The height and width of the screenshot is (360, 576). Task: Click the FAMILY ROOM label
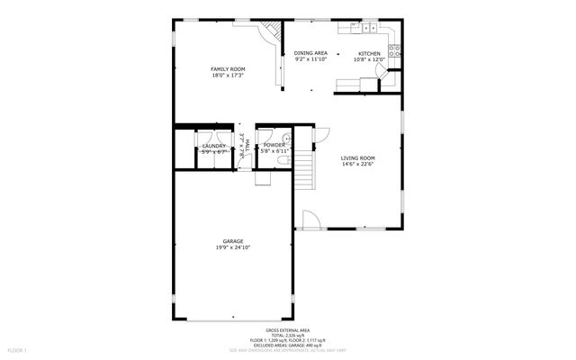(228, 69)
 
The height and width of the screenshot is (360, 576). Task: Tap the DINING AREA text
(310, 53)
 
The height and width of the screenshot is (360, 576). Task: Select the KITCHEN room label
(370, 53)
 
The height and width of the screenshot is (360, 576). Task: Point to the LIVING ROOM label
(357, 158)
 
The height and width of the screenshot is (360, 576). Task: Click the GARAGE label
(232, 241)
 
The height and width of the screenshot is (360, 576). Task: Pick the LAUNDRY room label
(214, 145)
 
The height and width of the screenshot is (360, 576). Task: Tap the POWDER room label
(274, 145)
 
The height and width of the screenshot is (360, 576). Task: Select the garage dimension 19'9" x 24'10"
(232, 247)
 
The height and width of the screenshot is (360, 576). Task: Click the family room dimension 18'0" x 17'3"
(228, 76)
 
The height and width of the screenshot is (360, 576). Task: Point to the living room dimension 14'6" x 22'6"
(357, 165)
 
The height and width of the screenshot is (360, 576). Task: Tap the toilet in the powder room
(283, 159)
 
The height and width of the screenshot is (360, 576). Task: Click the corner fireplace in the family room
(271, 37)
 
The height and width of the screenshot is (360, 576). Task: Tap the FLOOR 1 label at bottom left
(18, 348)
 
